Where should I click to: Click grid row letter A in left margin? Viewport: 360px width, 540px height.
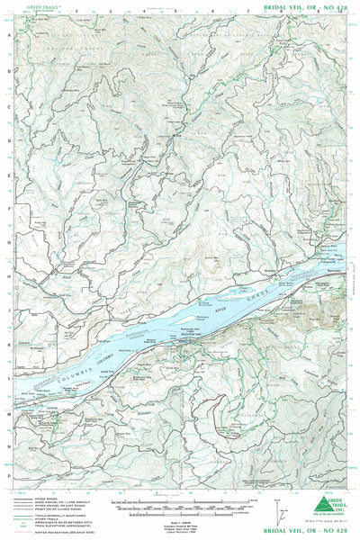coord(8,27)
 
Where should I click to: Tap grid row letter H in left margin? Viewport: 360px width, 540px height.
coord(8,276)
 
